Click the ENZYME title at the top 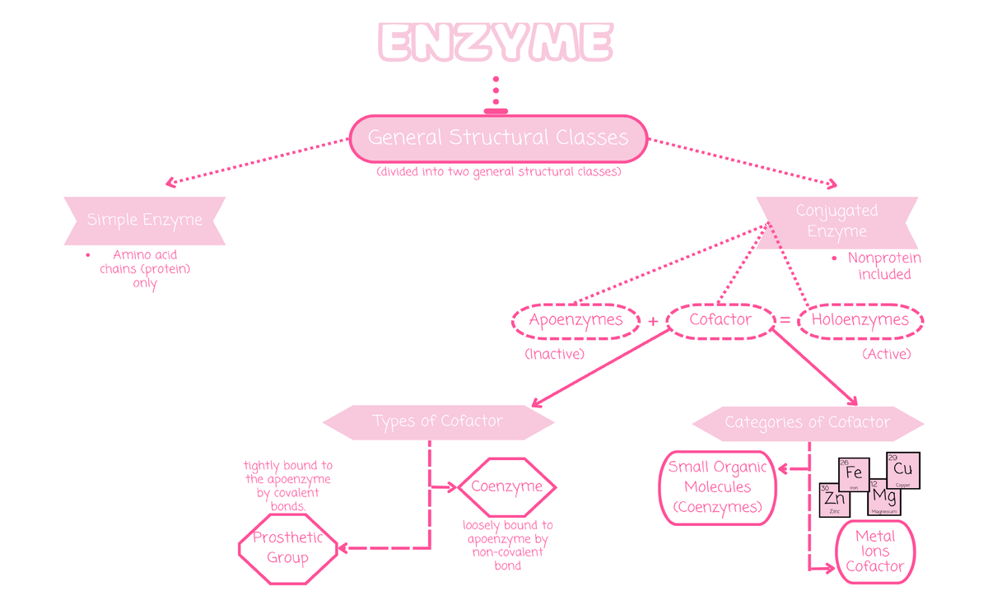point(496,42)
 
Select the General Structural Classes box point(498,137)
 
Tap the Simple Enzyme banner point(145,221)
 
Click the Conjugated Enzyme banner point(837,221)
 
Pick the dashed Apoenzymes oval point(576,320)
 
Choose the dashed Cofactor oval point(720,320)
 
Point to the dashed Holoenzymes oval point(860,320)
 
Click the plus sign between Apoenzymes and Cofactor point(653,322)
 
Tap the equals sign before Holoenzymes point(785,321)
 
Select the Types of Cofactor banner point(437,421)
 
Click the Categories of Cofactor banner point(807,423)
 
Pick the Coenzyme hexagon point(506,486)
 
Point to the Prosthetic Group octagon point(287,548)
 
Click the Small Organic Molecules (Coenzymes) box point(717,487)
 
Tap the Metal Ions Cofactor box point(874,551)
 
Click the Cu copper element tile point(902,471)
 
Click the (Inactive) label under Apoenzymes point(554,354)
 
